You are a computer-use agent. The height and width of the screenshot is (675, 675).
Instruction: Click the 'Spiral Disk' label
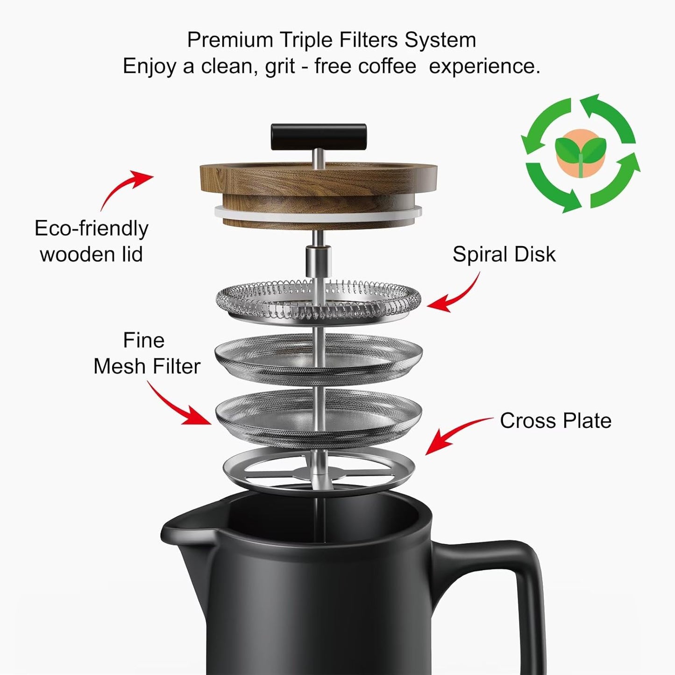[504, 255]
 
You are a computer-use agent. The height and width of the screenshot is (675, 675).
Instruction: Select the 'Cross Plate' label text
[555, 420]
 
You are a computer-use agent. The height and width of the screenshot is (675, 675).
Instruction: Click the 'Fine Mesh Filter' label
[146, 354]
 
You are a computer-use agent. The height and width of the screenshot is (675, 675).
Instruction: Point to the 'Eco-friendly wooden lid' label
[92, 242]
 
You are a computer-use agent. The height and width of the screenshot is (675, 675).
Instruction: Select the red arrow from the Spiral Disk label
[455, 294]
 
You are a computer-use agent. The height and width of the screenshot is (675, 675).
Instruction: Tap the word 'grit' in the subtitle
[279, 66]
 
